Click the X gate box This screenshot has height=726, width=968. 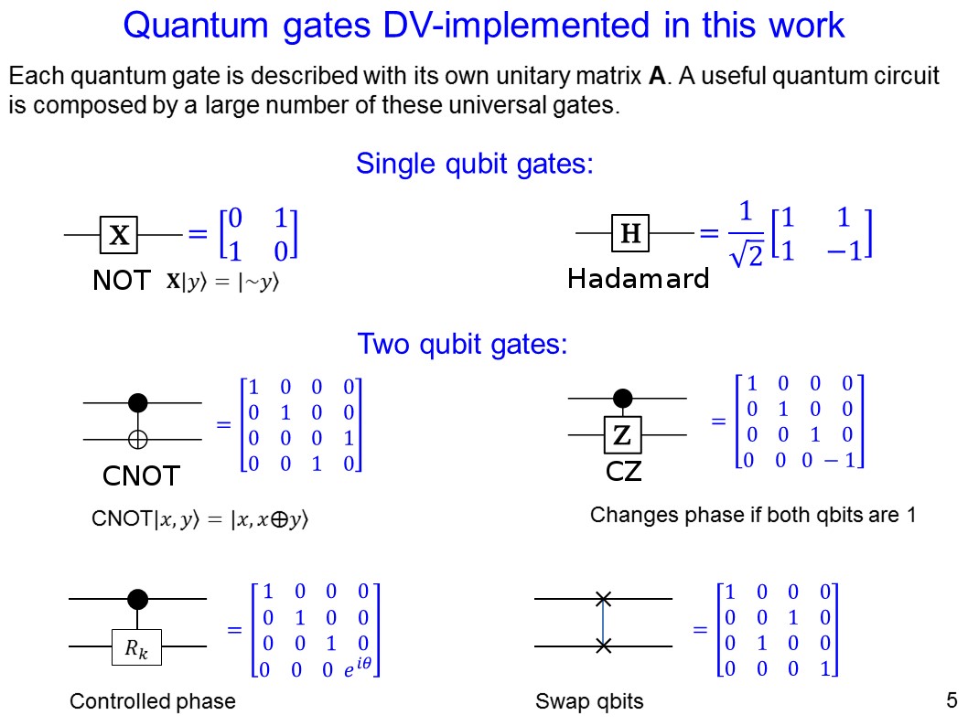tap(119, 236)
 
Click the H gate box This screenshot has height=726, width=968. tap(629, 235)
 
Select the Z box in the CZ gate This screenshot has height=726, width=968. tap(622, 436)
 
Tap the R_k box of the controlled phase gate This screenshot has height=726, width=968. tap(137, 651)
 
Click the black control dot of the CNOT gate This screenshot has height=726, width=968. tap(137, 402)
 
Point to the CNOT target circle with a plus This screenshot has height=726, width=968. tap(137, 440)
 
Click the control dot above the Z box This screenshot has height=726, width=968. tap(622, 398)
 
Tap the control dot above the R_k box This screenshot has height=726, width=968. tap(137, 600)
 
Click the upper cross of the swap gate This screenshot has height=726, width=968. tap(603, 600)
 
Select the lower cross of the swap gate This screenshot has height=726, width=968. tap(603, 646)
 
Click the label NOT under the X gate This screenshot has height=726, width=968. tap(121, 281)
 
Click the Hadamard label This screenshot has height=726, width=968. tap(638, 279)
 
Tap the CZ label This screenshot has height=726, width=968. tap(624, 472)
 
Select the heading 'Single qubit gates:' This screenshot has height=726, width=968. tap(475, 165)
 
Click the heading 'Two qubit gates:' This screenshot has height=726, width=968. tap(462, 345)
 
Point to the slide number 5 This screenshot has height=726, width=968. tap(951, 701)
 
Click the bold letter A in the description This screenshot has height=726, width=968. tap(656, 76)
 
